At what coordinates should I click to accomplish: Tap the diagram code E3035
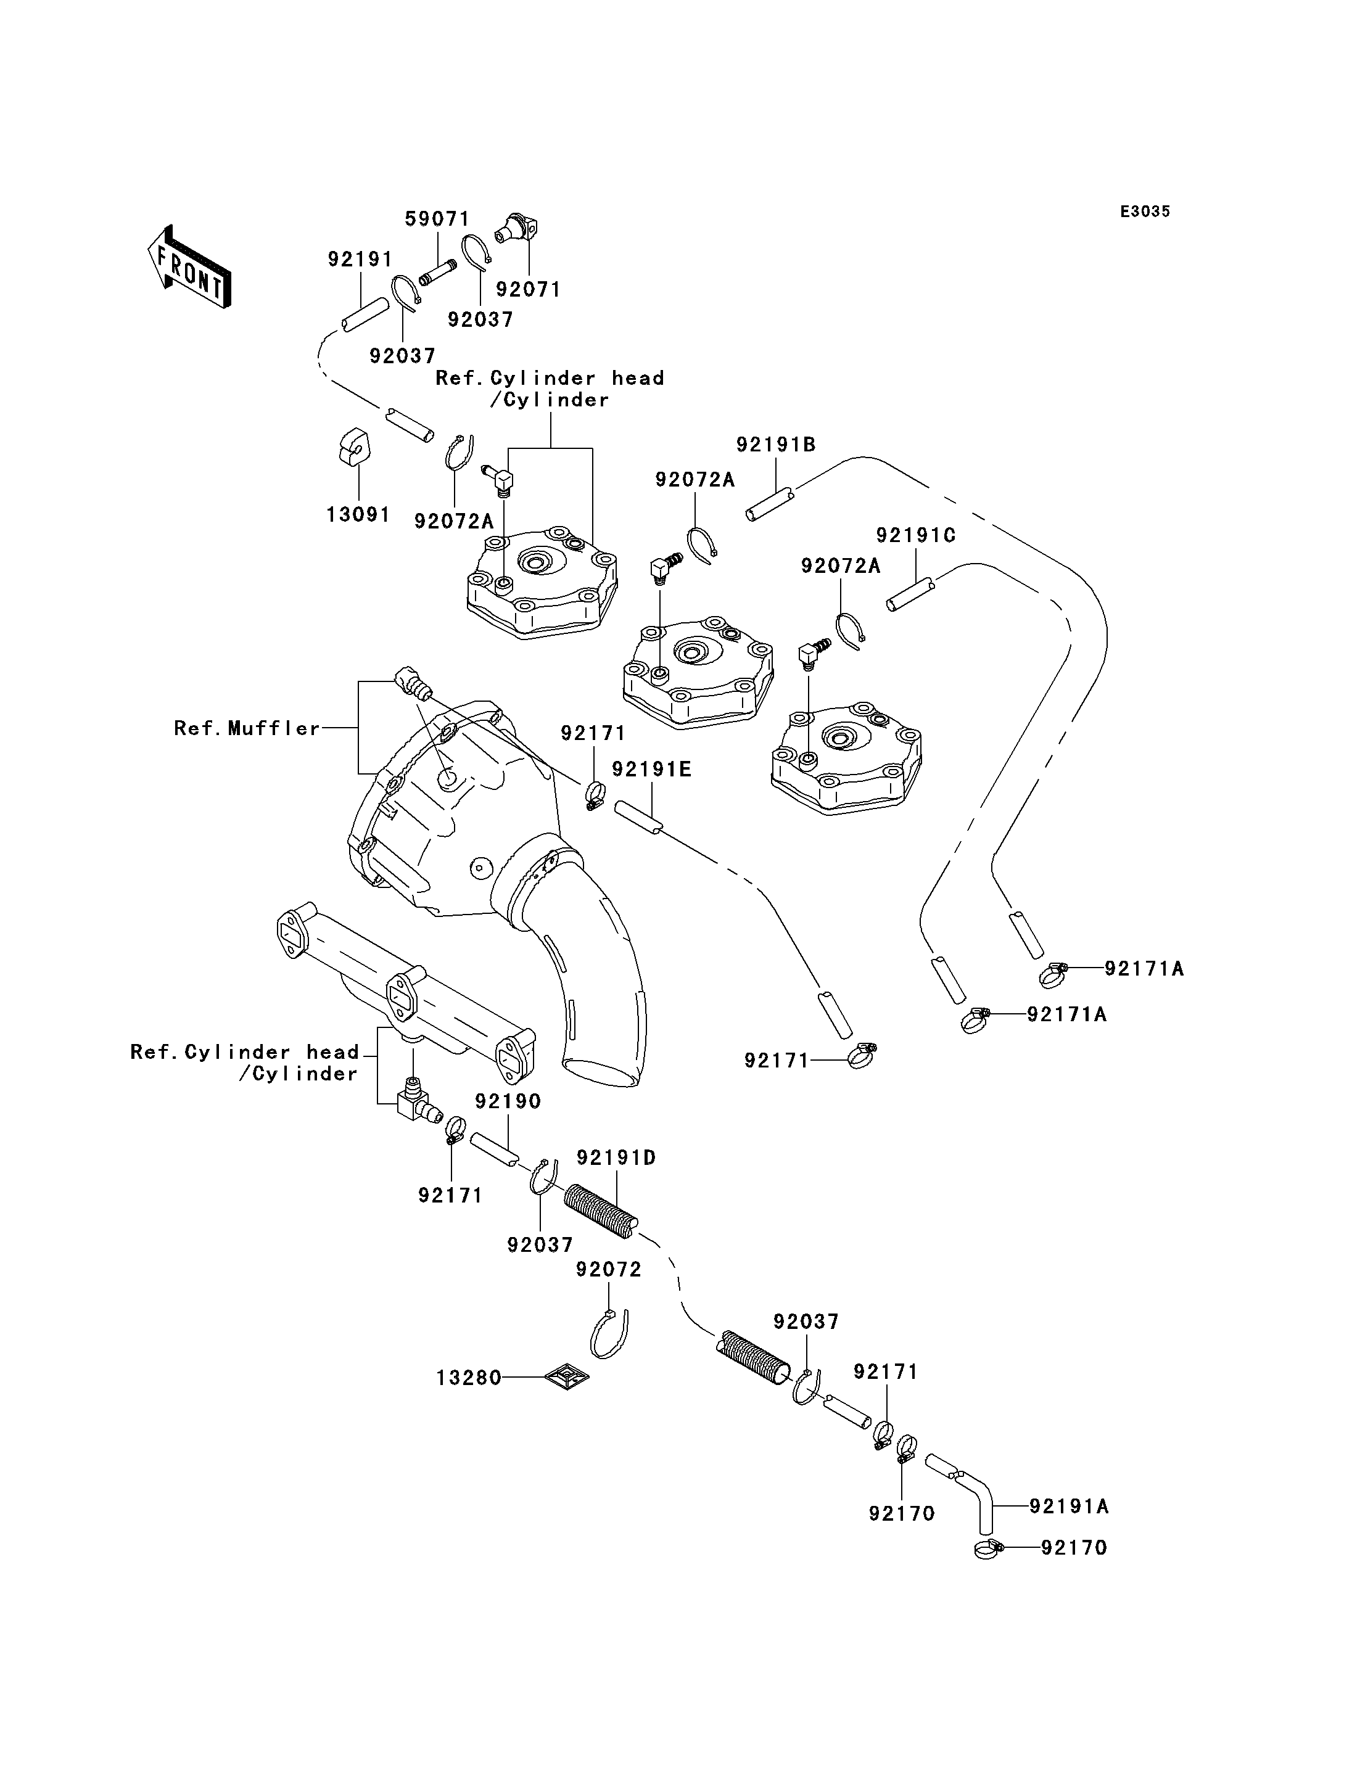tap(1145, 212)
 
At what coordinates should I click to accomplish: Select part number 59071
tap(437, 219)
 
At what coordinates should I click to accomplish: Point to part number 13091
tap(358, 514)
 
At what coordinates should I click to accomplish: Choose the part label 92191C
tap(916, 535)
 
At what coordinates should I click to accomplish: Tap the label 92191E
tap(652, 770)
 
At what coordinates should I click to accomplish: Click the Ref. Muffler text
tap(248, 728)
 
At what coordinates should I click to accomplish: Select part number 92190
tap(508, 1101)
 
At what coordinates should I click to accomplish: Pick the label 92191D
tap(616, 1158)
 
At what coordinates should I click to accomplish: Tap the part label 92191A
tap(1070, 1507)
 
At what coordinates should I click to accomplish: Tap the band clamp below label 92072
tap(609, 1335)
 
